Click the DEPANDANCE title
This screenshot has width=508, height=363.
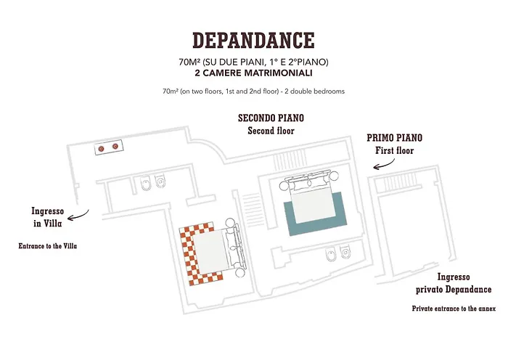click(253, 40)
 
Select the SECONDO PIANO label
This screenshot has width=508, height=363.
click(271, 118)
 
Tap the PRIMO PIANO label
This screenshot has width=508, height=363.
click(394, 138)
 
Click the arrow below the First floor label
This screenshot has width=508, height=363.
click(384, 164)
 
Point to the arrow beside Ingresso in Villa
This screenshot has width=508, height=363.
click(78, 216)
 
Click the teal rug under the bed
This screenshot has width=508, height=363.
click(315, 213)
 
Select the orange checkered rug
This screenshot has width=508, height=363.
click(201, 254)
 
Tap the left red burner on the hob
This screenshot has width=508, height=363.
click(101, 149)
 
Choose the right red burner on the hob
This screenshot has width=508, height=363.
click(115, 147)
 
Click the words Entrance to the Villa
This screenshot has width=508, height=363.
click(48, 246)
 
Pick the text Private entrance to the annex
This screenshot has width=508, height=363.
click(454, 309)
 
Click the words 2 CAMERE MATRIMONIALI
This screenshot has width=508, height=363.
click(253, 73)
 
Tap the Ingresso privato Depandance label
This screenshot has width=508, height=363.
click(454, 283)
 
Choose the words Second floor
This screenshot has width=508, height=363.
click(271, 131)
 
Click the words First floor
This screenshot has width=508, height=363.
click(394, 151)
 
